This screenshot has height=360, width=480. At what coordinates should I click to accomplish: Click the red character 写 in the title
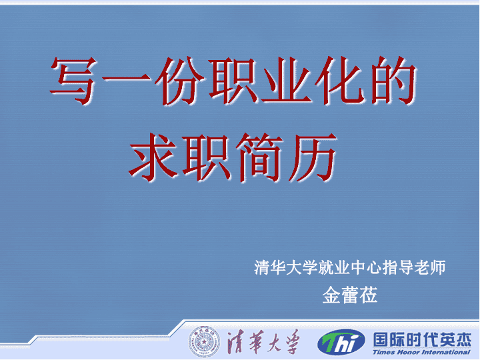[x=73, y=80]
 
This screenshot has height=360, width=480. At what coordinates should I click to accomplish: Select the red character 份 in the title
[x=180, y=80]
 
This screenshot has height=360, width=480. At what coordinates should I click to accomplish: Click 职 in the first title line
[x=233, y=80]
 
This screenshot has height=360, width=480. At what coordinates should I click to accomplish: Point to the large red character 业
[x=286, y=80]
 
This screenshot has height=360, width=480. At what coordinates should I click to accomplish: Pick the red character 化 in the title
[x=340, y=80]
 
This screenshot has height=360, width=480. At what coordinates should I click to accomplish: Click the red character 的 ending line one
[x=393, y=80]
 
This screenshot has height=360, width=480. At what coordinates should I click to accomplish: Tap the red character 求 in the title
[x=154, y=157]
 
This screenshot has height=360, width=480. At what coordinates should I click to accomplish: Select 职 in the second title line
[x=207, y=157]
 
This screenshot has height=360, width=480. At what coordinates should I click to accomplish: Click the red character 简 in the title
[x=259, y=157]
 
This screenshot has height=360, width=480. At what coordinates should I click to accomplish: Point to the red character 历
[x=313, y=157]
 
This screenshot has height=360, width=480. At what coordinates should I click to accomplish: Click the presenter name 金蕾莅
[x=350, y=295]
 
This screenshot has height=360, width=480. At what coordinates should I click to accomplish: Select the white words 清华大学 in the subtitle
[x=286, y=267]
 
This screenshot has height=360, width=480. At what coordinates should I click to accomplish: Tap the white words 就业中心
[x=350, y=267]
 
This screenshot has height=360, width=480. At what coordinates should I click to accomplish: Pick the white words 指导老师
[x=413, y=267]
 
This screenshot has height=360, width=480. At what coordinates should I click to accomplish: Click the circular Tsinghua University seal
[x=204, y=341]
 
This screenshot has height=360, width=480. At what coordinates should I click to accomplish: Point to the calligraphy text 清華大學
[x=263, y=341]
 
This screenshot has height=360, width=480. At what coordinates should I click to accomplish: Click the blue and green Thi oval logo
[x=341, y=342]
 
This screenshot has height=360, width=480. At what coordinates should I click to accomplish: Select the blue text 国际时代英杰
[x=422, y=340]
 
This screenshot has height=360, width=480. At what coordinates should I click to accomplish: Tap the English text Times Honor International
[x=421, y=352]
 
